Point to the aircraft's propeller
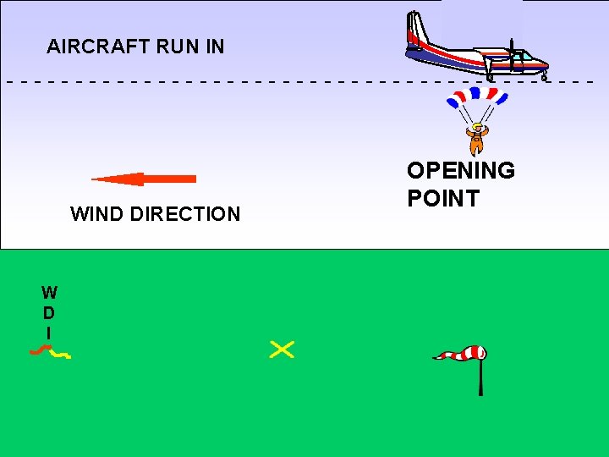pyautogui.click(x=511, y=54)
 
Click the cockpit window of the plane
pyautogui.click(x=528, y=57)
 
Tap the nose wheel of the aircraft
pyautogui.click(x=544, y=77)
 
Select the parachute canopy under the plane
pyautogui.click(x=477, y=96)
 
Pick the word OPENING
pyautogui.click(x=461, y=171)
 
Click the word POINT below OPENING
pyautogui.click(x=443, y=199)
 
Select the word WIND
pyautogui.click(x=96, y=214)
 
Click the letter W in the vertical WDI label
pyautogui.click(x=50, y=293)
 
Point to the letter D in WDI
pyautogui.click(x=50, y=313)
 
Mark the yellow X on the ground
pyautogui.click(x=282, y=349)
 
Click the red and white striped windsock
pyautogui.click(x=461, y=354)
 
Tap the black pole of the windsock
pyautogui.click(x=480, y=377)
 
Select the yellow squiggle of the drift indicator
pyautogui.click(x=60, y=355)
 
